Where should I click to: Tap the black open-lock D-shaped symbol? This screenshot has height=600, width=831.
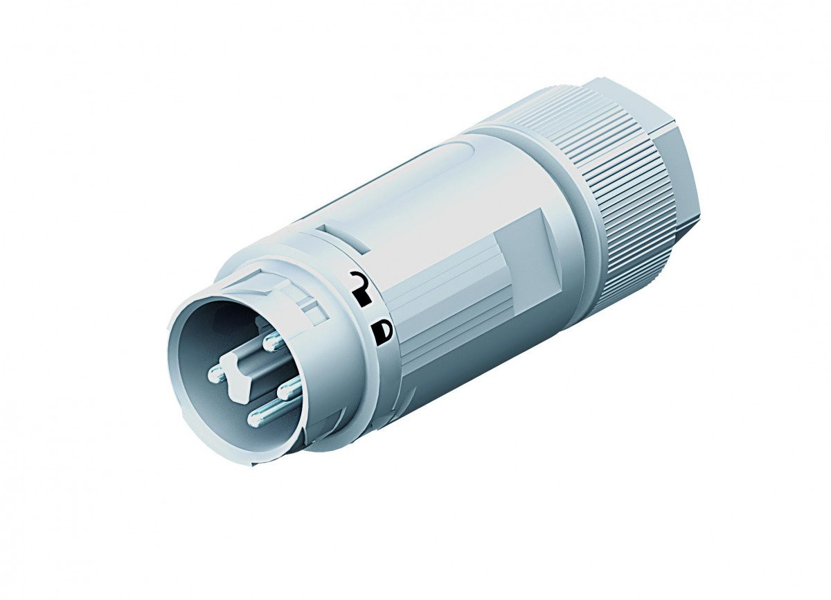point(382,331)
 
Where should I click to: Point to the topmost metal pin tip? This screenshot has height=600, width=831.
point(271,340)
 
